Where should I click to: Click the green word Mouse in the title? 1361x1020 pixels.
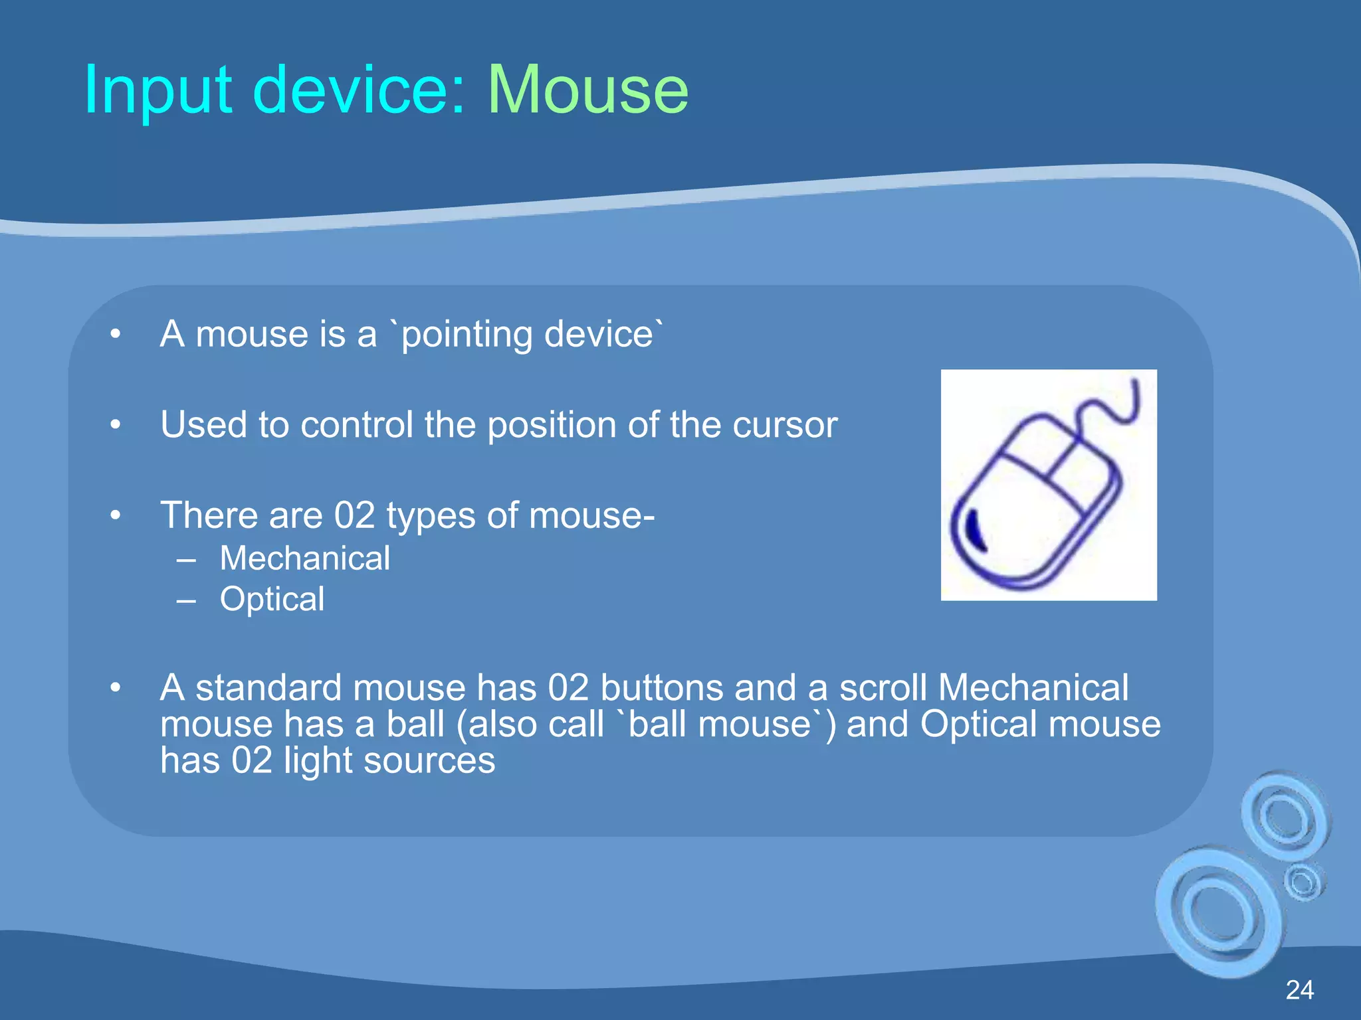pos(588,90)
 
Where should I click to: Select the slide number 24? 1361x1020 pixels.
pos(1299,990)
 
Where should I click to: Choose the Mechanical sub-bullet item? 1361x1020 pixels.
pos(305,558)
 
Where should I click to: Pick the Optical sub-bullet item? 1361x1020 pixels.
pos(272,599)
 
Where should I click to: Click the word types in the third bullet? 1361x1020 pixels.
pos(431,515)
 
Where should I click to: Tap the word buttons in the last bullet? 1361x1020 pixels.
pos(661,687)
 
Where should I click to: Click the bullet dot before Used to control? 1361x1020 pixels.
pos(116,424)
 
